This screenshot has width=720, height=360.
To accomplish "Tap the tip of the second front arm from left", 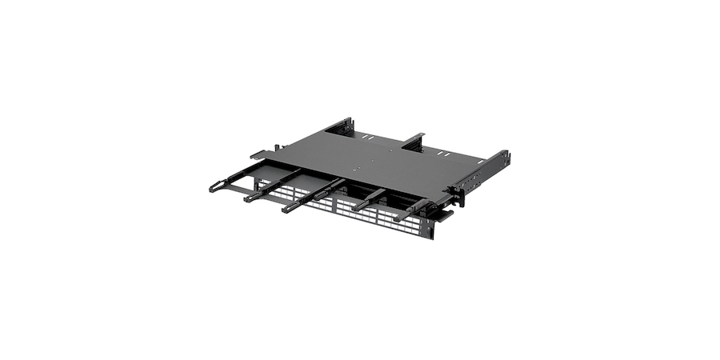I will pyautogui.click(x=250, y=197).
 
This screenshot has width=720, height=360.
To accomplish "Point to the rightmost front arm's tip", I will pyautogui.click(x=398, y=217).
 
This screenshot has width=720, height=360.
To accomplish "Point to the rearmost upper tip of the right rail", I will pyautogui.click(x=506, y=153).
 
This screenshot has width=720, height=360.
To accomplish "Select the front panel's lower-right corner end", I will pyautogui.click(x=433, y=236).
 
